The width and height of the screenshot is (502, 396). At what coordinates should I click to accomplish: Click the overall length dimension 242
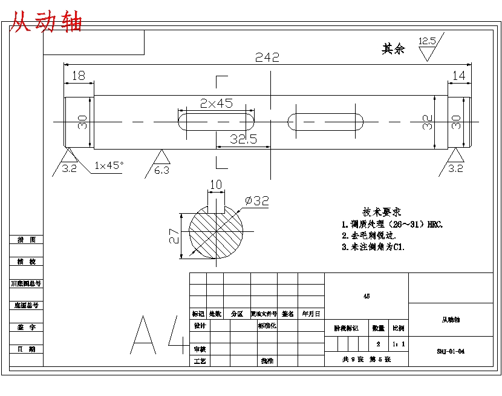point(267,58)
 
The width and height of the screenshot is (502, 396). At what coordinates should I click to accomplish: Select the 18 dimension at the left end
point(79,76)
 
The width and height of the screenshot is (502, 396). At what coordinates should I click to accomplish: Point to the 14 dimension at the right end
point(459,76)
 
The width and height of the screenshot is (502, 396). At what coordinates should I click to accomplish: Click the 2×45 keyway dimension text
point(217,104)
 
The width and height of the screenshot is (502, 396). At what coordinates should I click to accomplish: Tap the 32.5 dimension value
point(243,139)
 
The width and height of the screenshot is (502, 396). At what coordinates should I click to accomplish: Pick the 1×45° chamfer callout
point(109,165)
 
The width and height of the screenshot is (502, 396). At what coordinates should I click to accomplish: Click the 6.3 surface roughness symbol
point(161,163)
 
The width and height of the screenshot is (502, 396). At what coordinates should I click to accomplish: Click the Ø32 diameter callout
point(256,201)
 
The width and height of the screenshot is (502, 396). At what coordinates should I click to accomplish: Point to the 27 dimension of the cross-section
point(174,236)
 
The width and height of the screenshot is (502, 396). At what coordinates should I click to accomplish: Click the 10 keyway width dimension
point(215,185)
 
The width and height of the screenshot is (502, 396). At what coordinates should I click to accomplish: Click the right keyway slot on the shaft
point(325,122)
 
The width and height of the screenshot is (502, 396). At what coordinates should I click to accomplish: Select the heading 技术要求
point(382,212)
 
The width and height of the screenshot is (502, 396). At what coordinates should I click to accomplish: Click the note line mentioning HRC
point(392,224)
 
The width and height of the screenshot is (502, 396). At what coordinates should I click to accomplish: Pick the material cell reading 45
point(367,297)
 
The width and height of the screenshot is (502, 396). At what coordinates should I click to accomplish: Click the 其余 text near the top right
point(393,49)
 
